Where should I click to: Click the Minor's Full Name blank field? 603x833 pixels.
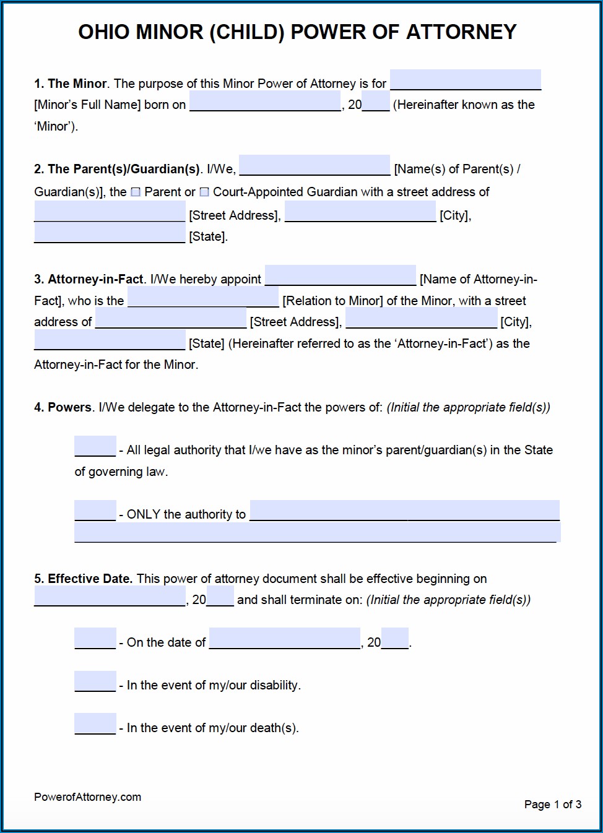pos(465,80)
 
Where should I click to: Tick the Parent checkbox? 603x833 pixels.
pos(136,192)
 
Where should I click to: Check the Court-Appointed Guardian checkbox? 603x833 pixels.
pos(204,192)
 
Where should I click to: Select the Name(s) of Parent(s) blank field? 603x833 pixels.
pos(315,165)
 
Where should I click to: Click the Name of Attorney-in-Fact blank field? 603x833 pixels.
pos(341,275)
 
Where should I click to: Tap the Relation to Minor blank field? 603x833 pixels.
pos(203,297)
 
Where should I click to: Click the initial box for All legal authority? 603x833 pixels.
pos(95,446)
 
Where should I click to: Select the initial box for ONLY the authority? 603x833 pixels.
pos(95,511)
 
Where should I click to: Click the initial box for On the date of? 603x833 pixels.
pos(95,638)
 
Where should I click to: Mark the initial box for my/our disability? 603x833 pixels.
pos(95,681)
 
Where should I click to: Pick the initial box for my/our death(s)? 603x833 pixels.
pos(95,723)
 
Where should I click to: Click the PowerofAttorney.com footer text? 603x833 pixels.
pos(87,797)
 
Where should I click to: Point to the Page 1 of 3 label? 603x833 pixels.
pos(552,805)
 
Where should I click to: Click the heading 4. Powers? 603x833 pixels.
pos(63,407)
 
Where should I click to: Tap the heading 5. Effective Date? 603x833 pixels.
pos(83,579)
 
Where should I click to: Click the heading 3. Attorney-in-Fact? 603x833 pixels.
pos(89,279)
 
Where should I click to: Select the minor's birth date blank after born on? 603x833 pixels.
pos(265,101)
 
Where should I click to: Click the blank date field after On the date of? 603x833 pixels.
pos(285,638)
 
